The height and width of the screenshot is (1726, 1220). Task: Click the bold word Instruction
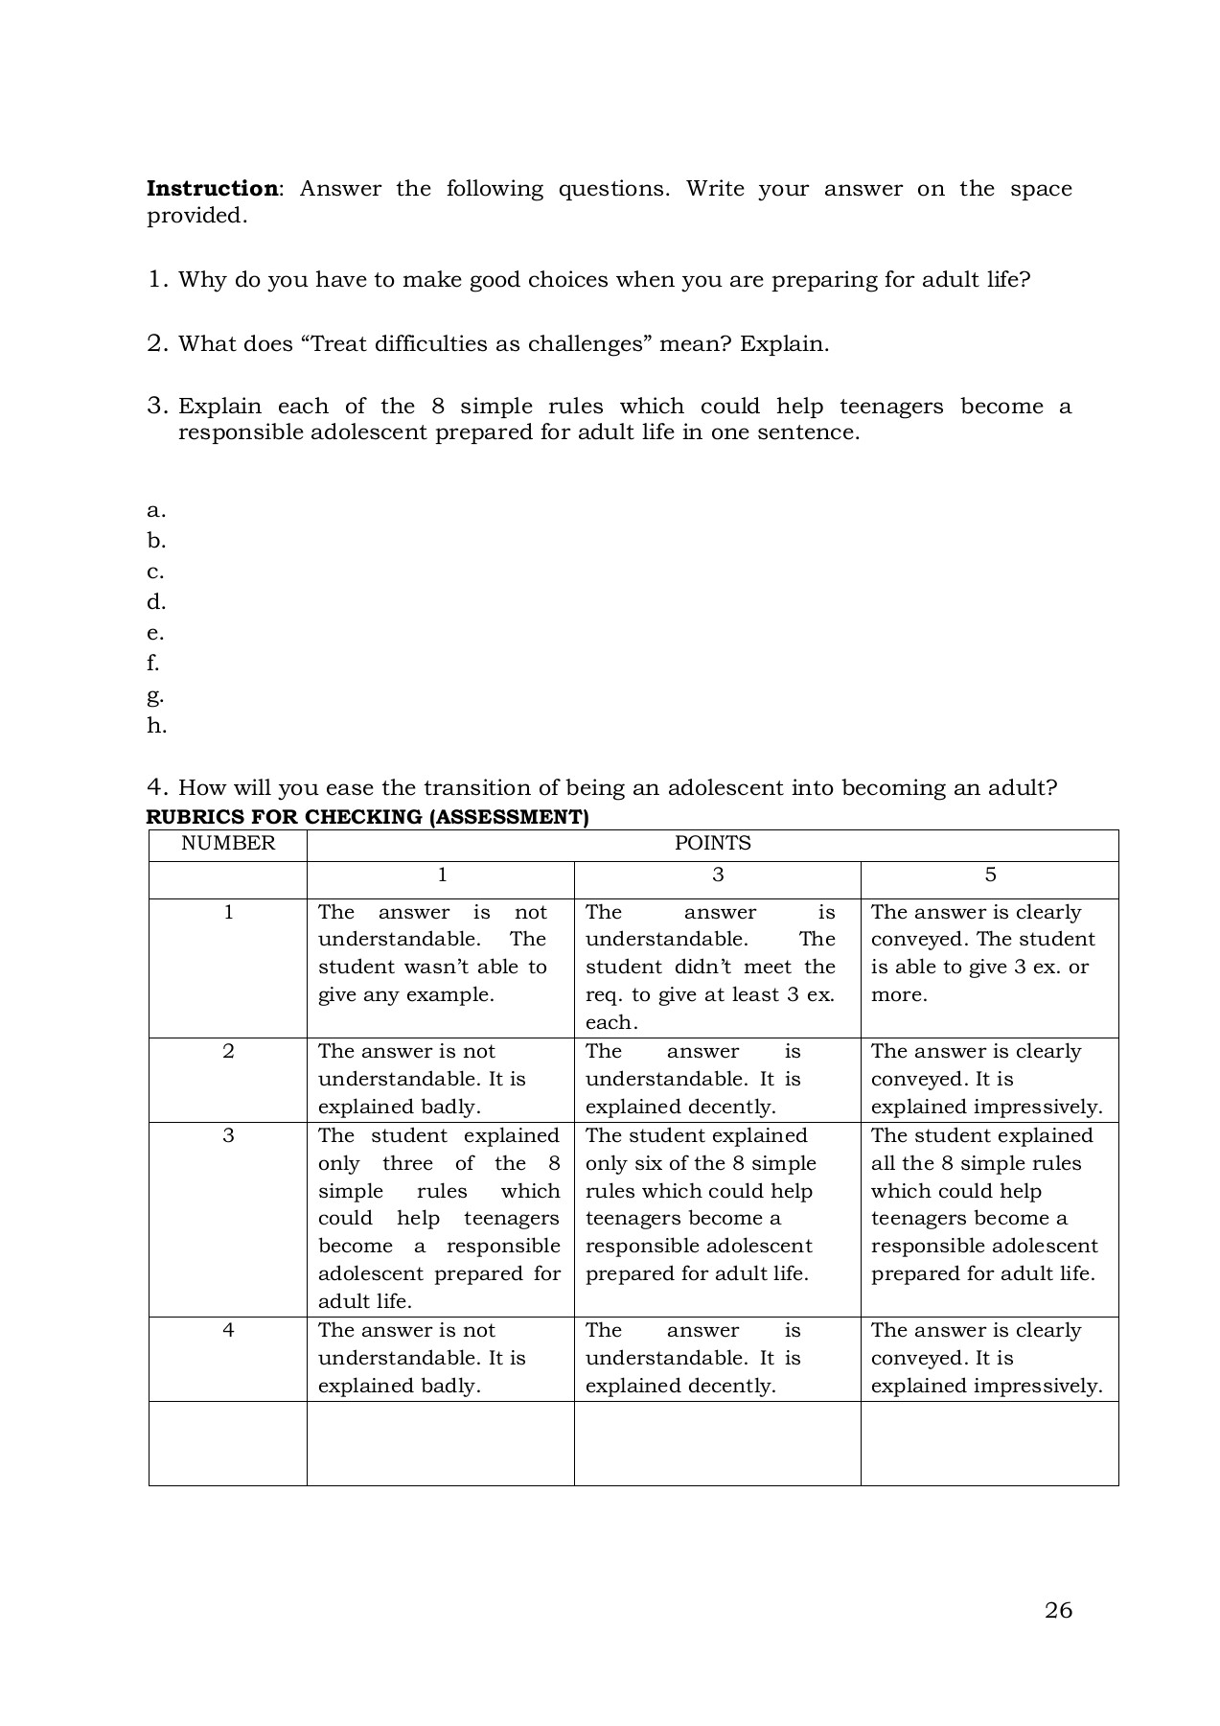point(211,189)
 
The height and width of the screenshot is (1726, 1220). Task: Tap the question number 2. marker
point(158,343)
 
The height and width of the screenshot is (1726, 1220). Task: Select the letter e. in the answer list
point(155,633)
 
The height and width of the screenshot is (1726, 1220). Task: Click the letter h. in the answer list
point(156,726)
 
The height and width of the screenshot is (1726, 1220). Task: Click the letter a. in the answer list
point(156,510)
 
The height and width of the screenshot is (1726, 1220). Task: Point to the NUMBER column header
point(228,843)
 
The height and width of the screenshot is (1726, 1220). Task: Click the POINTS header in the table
point(712,843)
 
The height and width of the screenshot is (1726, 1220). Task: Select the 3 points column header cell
point(718,875)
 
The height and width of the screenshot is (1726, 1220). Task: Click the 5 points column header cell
point(990,875)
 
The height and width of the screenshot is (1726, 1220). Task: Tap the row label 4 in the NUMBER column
point(228,1330)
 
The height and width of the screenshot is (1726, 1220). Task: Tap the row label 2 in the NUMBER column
point(228,1051)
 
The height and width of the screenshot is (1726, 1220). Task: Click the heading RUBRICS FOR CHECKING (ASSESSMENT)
point(367,817)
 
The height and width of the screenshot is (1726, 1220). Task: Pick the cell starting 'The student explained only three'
point(439,1218)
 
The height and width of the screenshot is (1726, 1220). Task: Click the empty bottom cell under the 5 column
point(989,1443)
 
